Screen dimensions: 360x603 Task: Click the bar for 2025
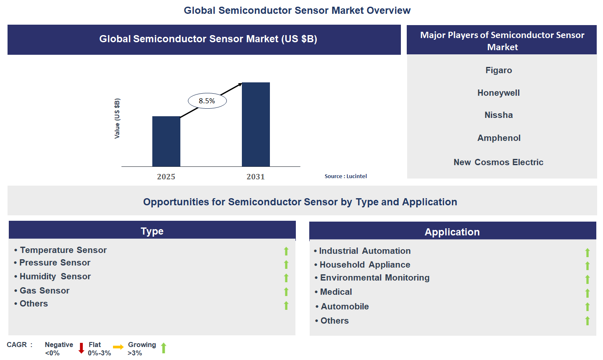166,141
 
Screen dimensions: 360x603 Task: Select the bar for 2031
256,125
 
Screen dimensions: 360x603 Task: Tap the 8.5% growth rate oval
207,101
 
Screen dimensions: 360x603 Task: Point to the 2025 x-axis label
166,177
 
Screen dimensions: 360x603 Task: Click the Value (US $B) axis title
117,119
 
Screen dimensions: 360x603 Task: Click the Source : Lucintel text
346,176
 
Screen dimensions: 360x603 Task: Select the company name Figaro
498,70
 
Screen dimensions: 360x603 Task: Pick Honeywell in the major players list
498,93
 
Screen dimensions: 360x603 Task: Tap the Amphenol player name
499,138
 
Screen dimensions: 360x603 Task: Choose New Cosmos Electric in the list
498,162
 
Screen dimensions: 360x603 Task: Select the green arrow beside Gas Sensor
286,292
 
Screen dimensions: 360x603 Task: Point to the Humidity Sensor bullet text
55,276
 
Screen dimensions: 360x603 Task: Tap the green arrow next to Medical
588,293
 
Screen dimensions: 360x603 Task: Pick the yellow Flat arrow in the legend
118,347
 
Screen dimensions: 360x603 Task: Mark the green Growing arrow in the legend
164,348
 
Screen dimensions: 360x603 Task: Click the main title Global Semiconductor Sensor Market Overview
297,10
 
